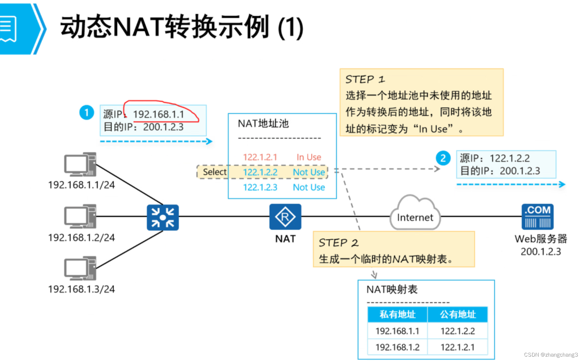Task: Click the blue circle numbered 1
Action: pyautogui.click(x=86, y=112)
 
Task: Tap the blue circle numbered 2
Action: pyautogui.click(x=443, y=158)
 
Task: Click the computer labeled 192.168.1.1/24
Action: pyautogui.click(x=80, y=164)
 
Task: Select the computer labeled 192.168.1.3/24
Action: pyautogui.click(x=80, y=268)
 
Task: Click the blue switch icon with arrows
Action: pyautogui.click(x=163, y=218)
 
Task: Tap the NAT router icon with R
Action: pyautogui.click(x=285, y=217)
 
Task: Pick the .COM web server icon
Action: pyautogui.click(x=538, y=217)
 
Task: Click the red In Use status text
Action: pyautogui.click(x=309, y=157)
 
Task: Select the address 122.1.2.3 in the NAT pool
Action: pyautogui.click(x=260, y=187)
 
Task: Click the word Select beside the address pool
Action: pyautogui.click(x=215, y=172)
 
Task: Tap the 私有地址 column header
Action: pyautogui.click(x=397, y=315)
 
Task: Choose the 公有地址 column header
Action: pyautogui.click(x=458, y=315)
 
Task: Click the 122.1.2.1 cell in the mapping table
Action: pyautogui.click(x=458, y=347)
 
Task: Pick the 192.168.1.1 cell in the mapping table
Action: pyautogui.click(x=397, y=331)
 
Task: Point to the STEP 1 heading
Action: pyautogui.click(x=365, y=79)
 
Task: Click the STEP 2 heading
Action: pyautogui.click(x=338, y=243)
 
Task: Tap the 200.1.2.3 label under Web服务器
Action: pyautogui.click(x=541, y=252)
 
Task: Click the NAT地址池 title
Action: pyautogui.click(x=263, y=124)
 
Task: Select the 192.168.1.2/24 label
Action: pyautogui.click(x=81, y=238)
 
